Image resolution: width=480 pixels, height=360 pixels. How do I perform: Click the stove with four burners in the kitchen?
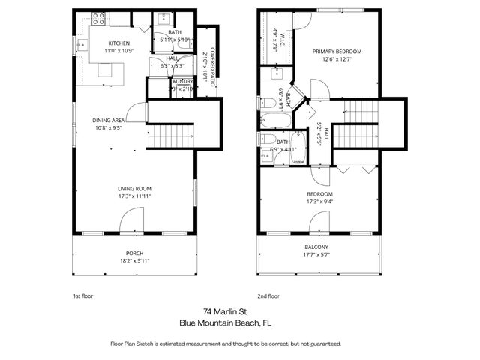pos(98,19)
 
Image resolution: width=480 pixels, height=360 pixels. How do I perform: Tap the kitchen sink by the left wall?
pos(82,46)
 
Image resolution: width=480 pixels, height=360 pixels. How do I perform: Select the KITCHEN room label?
pos(120,43)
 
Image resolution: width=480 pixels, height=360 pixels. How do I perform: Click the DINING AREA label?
pos(109,120)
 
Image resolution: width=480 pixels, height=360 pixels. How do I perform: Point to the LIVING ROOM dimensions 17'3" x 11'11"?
pos(134,196)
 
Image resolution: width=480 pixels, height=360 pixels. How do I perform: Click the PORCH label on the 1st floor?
pos(134,253)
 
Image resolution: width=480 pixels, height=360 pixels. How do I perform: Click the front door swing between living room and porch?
pos(130,221)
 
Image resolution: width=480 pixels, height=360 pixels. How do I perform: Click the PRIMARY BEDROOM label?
pos(337,52)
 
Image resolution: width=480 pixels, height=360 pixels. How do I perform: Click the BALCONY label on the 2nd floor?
pos(316,247)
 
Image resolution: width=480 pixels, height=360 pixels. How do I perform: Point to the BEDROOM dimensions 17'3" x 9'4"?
pos(316,202)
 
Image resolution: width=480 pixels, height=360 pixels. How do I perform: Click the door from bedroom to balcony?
pos(318,222)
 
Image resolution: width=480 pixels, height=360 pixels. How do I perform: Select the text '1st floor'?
pos(82,295)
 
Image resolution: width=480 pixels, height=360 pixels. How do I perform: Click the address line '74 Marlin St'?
pos(225,310)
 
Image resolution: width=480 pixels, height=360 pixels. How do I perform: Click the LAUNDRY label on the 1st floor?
pos(182,81)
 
